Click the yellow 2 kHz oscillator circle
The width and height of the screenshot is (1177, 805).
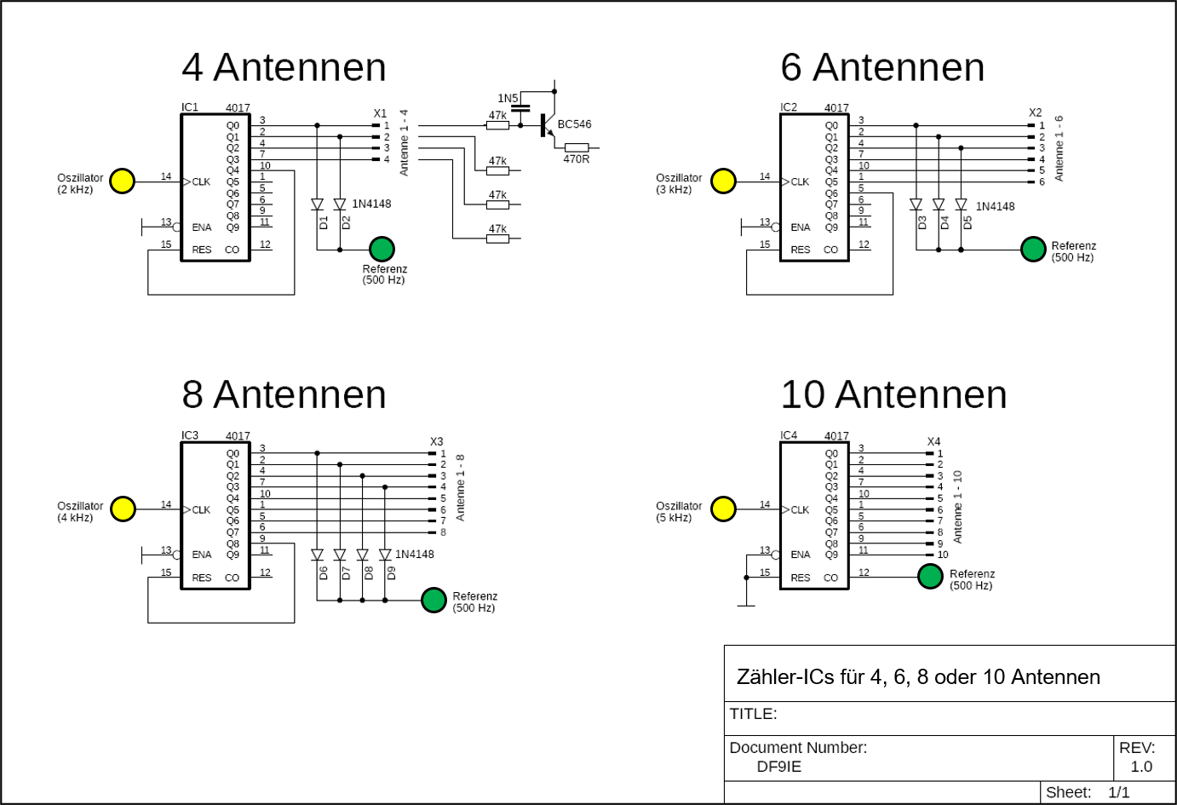point(123,181)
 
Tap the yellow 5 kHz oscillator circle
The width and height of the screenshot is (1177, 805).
point(723,509)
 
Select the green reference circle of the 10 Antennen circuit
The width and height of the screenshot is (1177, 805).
point(930,577)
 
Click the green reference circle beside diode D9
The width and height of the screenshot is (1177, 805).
point(433,600)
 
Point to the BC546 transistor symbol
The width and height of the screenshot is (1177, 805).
point(546,125)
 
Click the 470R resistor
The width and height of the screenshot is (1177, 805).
point(577,147)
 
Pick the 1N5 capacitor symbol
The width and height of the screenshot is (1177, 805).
point(520,109)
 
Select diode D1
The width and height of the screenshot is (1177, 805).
point(317,205)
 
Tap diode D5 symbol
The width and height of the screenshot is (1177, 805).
point(961,205)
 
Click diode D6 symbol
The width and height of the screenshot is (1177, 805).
point(317,555)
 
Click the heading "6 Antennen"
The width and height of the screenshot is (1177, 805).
point(882,67)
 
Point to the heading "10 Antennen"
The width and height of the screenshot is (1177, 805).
point(893,394)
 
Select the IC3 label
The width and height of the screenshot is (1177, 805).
point(190,435)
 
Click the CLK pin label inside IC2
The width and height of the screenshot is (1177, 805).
point(800,181)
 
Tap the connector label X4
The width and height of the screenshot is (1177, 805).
point(933,441)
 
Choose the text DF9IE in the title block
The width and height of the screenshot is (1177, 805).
point(778,767)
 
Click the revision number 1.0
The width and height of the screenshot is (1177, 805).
point(1141,767)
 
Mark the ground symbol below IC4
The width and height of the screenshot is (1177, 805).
point(746,606)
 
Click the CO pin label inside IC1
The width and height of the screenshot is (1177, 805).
point(233,250)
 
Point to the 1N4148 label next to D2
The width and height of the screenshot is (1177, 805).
point(371,204)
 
